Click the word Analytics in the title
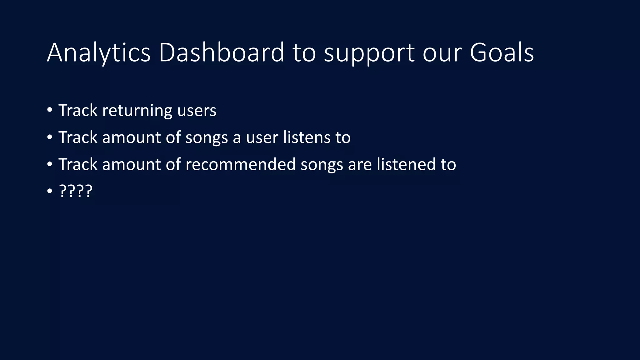[x=99, y=53]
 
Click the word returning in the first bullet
[x=137, y=111]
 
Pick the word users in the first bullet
[x=197, y=111]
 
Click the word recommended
[x=240, y=164]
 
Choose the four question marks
[x=76, y=191]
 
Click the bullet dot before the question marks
[x=49, y=191]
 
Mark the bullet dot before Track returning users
[x=49, y=110]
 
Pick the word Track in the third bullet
[x=78, y=164]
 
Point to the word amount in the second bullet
[x=131, y=137]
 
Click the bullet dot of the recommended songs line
[x=49, y=164]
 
